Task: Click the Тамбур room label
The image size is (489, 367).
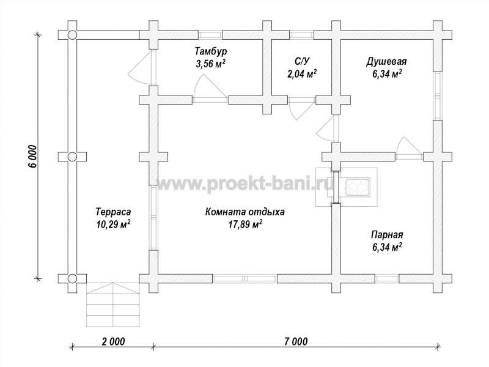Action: tap(211, 51)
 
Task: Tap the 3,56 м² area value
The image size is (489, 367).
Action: tap(210, 64)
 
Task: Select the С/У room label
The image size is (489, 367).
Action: tap(302, 61)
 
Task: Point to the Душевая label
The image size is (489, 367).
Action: tap(386, 62)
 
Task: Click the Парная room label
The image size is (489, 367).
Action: tap(387, 235)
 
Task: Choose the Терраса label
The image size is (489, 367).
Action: tap(113, 212)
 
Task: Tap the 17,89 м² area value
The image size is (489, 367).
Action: tap(245, 224)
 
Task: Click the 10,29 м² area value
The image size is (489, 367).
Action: tap(113, 224)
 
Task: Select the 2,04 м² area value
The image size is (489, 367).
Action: tap(302, 73)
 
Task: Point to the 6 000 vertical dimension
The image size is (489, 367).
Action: tap(32, 157)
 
